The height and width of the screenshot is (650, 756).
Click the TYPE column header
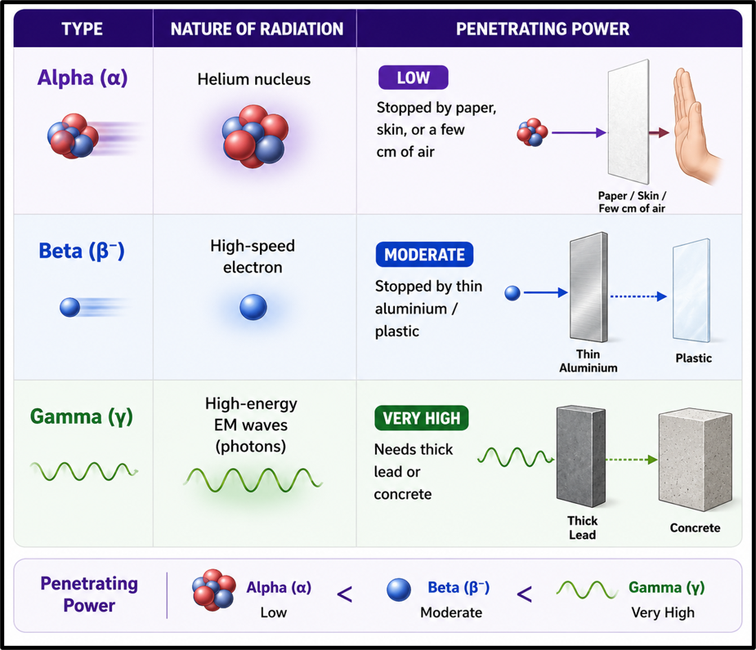pyautogui.click(x=82, y=29)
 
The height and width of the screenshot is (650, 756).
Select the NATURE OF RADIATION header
pyautogui.click(x=257, y=29)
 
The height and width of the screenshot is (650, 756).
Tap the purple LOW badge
pyautogui.click(x=414, y=78)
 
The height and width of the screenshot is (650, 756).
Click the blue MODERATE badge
pyautogui.click(x=424, y=255)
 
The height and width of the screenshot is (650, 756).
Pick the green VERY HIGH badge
pyautogui.click(x=422, y=418)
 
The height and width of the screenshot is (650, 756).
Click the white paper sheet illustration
pyautogui.click(x=629, y=122)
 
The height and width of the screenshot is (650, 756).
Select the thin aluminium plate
pyautogui.click(x=588, y=287)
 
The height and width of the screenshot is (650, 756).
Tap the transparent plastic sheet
pyautogui.click(x=691, y=290)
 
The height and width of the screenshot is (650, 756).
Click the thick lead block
pyautogui.click(x=581, y=456)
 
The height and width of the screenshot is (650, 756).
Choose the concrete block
pyautogui.click(x=696, y=461)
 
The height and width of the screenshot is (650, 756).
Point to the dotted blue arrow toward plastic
pyautogui.click(x=638, y=296)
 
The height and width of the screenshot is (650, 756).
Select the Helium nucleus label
pyautogui.click(x=254, y=79)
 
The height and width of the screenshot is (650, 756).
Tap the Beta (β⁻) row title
pyautogui.click(x=82, y=251)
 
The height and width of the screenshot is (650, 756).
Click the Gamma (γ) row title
pyautogui.click(x=82, y=416)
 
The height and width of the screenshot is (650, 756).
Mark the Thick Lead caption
pyautogui.click(x=583, y=528)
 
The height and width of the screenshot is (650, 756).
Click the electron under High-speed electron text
pyautogui.click(x=253, y=307)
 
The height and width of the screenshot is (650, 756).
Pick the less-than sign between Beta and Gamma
pyautogui.click(x=524, y=594)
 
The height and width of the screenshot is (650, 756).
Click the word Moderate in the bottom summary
pyautogui.click(x=451, y=612)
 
